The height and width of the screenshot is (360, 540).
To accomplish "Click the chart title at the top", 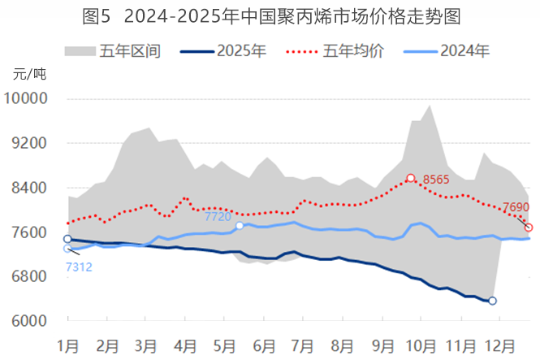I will (x=270, y=15).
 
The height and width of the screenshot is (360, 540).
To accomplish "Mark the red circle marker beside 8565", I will (x=411, y=178).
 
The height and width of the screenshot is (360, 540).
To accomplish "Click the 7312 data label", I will (x=78, y=266).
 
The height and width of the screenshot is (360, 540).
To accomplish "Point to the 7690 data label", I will (x=516, y=207).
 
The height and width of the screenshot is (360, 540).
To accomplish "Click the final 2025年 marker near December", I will (x=492, y=301).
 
